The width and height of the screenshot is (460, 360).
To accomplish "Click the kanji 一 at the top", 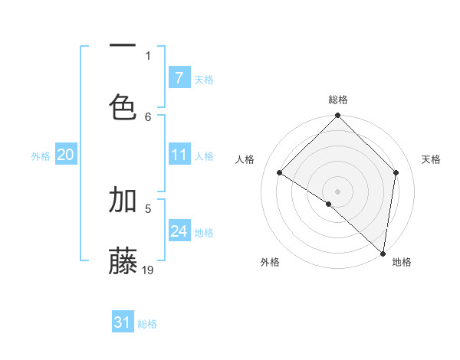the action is (123, 47).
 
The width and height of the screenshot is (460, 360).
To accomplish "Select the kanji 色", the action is (123, 105).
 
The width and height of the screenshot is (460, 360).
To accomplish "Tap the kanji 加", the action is (123, 200).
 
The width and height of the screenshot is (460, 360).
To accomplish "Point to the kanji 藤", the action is (123, 260).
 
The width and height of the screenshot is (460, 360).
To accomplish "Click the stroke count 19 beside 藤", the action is (148, 270).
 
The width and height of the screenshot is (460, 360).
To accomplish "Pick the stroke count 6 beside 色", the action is (148, 116).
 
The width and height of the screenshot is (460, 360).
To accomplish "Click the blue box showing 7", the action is (179, 78).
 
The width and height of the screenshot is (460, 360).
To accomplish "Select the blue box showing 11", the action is (179, 155).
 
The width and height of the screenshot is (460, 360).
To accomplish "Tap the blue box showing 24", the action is (179, 231).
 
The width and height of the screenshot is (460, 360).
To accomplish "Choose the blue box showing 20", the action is (65, 155).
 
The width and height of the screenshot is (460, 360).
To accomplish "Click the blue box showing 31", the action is (122, 322).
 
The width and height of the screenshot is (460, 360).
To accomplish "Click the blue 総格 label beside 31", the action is (147, 324).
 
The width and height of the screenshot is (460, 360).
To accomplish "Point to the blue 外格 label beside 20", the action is (41, 156).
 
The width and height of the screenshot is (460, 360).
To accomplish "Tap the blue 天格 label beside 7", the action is (204, 80).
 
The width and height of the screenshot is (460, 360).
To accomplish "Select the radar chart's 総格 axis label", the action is (338, 100).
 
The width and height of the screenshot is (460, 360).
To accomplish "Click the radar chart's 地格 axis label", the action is (402, 263).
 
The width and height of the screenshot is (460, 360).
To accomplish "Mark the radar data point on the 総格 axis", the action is (338, 116).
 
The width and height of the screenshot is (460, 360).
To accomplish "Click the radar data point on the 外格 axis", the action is (329, 204).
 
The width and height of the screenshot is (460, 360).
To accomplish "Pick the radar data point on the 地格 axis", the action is (383, 253).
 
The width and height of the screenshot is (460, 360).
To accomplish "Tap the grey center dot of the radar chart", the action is (338, 191).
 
